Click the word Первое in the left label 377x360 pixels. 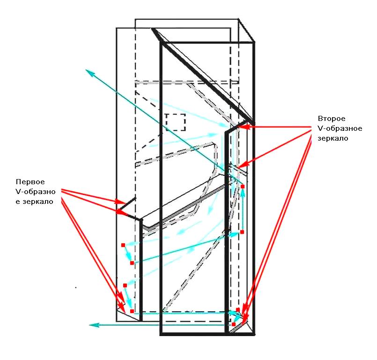(x=29, y=182)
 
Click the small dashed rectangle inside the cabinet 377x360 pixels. (x=176, y=122)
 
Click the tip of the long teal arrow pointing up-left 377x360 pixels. (x=87, y=70)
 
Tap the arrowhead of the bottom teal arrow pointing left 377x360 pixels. (x=92, y=324)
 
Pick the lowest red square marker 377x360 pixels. (x=234, y=324)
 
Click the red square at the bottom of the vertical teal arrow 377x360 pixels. (x=243, y=232)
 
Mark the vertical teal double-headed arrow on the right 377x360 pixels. (x=243, y=209)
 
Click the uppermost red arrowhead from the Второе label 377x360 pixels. (x=243, y=127)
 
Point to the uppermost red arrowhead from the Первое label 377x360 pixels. (x=119, y=202)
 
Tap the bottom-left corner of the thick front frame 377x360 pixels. (x=161, y=334)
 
